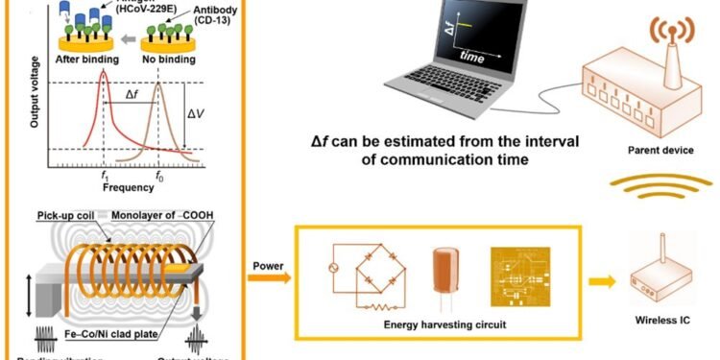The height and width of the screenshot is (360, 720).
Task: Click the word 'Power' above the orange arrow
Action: point(266,265)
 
